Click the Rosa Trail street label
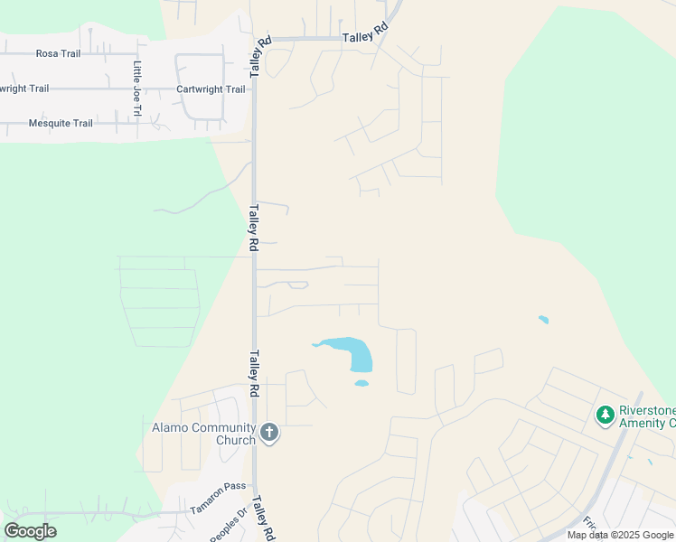[x=58, y=53]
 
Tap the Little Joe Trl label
[x=137, y=89]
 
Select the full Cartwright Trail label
[x=211, y=89]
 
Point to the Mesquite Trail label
[x=61, y=124]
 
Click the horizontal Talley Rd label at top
[x=365, y=33]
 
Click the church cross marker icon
[x=268, y=434]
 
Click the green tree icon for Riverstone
[x=605, y=416]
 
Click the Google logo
[x=30, y=531]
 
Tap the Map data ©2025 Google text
[x=620, y=535]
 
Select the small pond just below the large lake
[x=361, y=383]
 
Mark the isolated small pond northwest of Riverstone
[x=542, y=319]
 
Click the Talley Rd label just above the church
[x=255, y=373]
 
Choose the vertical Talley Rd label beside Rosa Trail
[x=260, y=56]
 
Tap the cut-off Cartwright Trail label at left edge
[x=24, y=89]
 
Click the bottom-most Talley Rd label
[x=262, y=519]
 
